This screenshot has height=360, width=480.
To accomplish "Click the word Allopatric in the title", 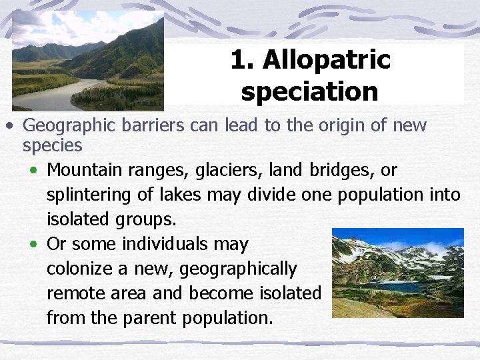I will [327, 61].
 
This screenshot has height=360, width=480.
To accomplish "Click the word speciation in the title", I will [309, 91].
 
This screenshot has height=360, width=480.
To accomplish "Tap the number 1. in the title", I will [243, 61].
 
